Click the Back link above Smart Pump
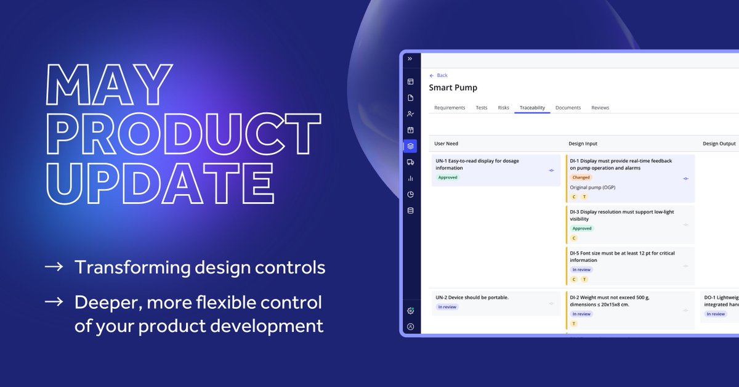[x=439, y=75]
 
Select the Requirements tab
[x=450, y=108]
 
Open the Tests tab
[x=482, y=108]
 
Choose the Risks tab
[x=503, y=108]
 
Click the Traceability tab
[x=532, y=108]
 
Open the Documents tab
[x=568, y=108]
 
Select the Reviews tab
[x=600, y=108]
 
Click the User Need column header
[x=446, y=144]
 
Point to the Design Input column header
[x=583, y=144]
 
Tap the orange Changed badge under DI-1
[x=581, y=177]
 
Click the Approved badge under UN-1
[x=448, y=177]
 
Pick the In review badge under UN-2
[x=448, y=307]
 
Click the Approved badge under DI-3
[x=582, y=229]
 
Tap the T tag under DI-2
[x=574, y=324]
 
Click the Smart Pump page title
[x=453, y=88]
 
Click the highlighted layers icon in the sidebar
[x=410, y=146]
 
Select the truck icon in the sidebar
[x=410, y=162]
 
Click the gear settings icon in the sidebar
[x=410, y=311]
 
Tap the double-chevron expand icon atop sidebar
[x=410, y=59]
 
